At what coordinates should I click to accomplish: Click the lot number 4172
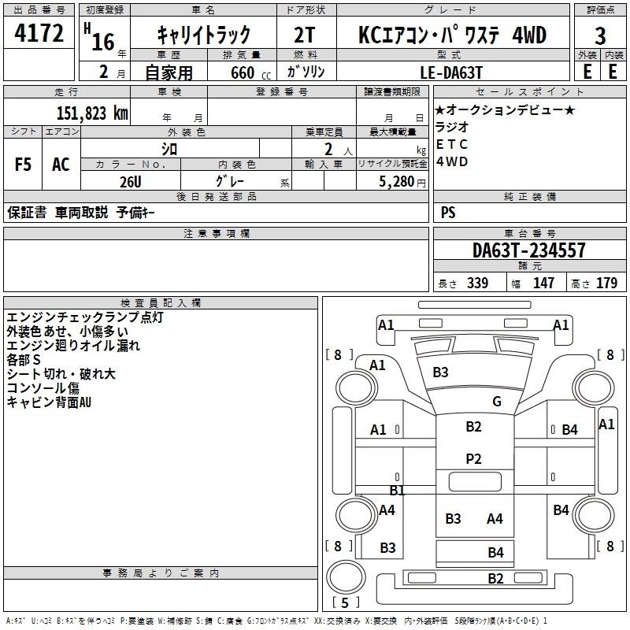[x=39, y=33]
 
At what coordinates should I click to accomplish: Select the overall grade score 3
[x=600, y=35]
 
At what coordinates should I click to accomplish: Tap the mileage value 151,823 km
[x=92, y=113]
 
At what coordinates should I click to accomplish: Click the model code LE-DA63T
[x=451, y=72]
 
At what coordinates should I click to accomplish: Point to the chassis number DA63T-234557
[x=528, y=250]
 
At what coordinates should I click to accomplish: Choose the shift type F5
[x=23, y=165]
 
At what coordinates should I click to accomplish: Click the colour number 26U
[x=131, y=182]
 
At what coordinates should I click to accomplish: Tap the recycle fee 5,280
[x=397, y=182]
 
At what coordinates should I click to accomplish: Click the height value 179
[x=606, y=283]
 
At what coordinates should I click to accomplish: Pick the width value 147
[x=543, y=283]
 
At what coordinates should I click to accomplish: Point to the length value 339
[x=477, y=283]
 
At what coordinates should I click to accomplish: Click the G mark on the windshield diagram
[x=497, y=401]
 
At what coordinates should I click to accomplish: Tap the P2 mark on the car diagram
[x=474, y=459]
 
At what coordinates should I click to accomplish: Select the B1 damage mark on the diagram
[x=397, y=490]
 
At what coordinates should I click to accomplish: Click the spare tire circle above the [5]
[x=346, y=576]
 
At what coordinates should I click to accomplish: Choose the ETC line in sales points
[x=451, y=144]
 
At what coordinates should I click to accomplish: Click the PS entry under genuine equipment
[x=448, y=212]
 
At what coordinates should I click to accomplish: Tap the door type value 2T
[x=304, y=35]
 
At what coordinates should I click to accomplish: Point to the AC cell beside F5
[x=61, y=165]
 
